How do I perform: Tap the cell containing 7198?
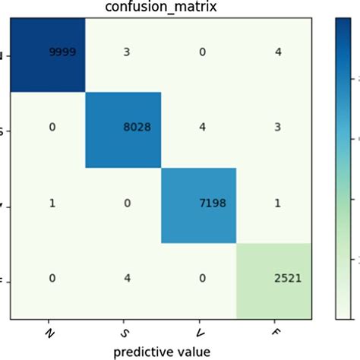213,204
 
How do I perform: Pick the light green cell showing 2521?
288,279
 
